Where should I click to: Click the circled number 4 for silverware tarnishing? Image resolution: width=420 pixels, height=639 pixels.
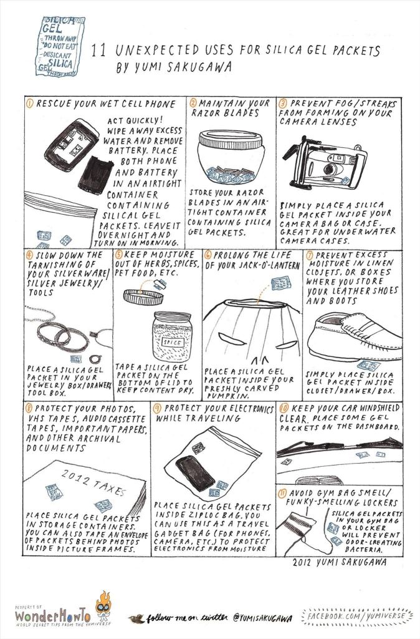click(29, 255)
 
